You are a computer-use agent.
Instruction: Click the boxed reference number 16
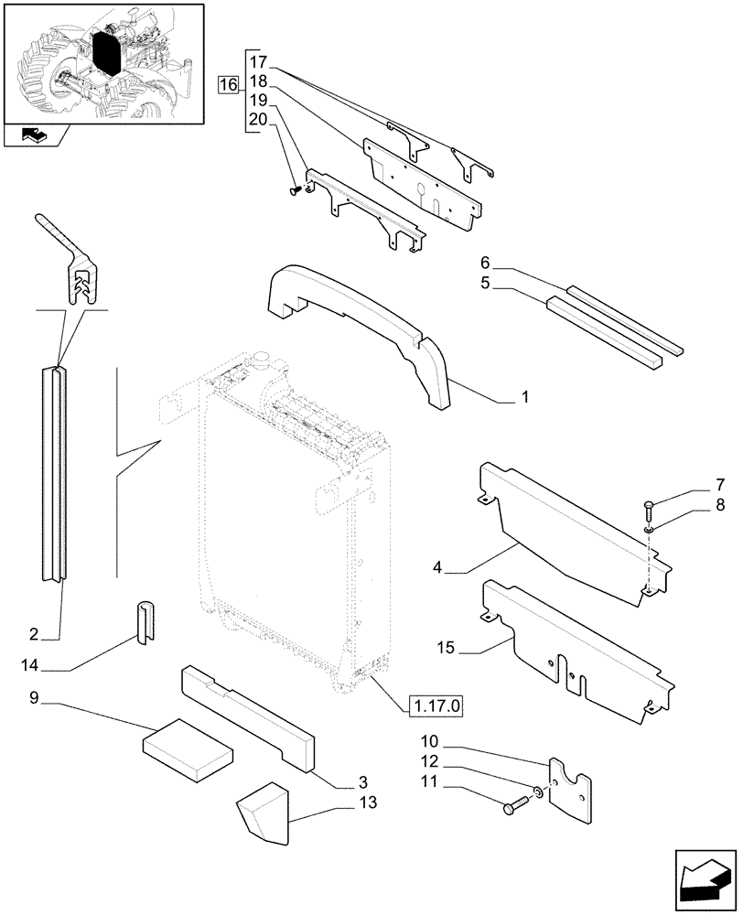[x=228, y=85]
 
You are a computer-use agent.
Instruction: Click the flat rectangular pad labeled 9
[x=188, y=750]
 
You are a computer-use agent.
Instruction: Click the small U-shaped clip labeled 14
[x=146, y=623]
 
